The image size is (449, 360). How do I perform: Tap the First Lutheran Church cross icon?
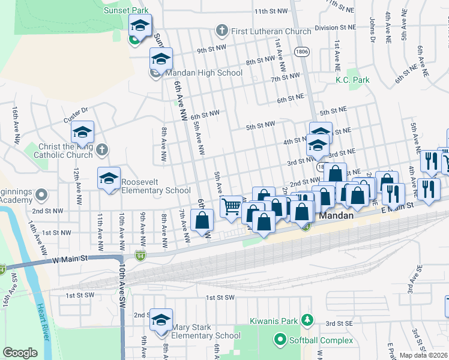pos(221,31)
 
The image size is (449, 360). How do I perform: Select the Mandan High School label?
pos(204,73)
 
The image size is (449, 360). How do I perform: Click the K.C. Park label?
pos(352,80)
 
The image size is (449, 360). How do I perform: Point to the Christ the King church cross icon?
pos(102,148)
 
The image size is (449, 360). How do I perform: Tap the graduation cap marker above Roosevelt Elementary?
pos(109,178)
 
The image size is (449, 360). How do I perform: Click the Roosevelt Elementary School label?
pos(156,186)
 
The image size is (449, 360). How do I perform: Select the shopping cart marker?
pos(231,207)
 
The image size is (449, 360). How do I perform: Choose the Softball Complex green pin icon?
pos(280,340)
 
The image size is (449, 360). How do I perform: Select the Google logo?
pos(20,353)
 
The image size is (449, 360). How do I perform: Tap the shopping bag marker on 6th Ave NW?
pos(202,220)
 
